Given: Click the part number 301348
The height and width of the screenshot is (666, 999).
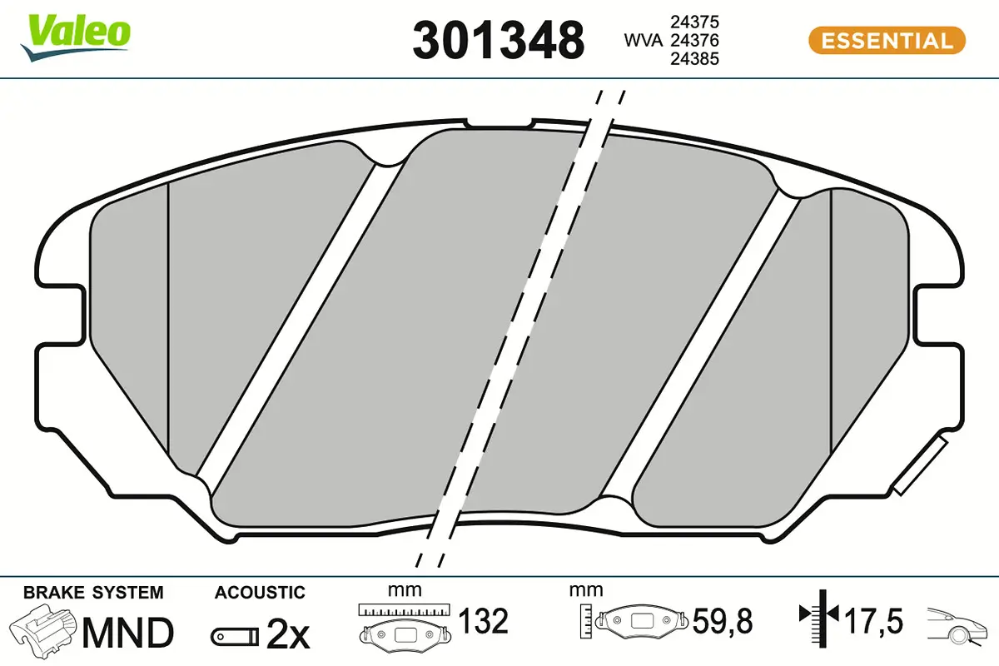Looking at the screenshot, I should pos(499,41).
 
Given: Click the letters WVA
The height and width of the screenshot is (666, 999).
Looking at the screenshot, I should pos(644,40).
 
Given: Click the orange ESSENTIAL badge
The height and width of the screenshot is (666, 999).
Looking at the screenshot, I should pos(887,40).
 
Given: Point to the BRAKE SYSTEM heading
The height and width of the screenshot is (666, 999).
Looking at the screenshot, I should pos(93,593).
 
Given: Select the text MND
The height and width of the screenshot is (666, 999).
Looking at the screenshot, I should pos(127,633).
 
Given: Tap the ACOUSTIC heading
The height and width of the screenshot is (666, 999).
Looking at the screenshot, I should pos(260,593).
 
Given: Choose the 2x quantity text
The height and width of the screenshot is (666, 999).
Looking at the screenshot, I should pos(288,636).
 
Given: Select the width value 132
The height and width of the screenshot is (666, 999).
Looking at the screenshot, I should pos(484,621).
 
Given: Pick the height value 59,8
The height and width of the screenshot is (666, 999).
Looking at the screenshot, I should pos(722,621).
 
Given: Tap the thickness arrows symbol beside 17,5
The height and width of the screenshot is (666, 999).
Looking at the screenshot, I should pos(819,616).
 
